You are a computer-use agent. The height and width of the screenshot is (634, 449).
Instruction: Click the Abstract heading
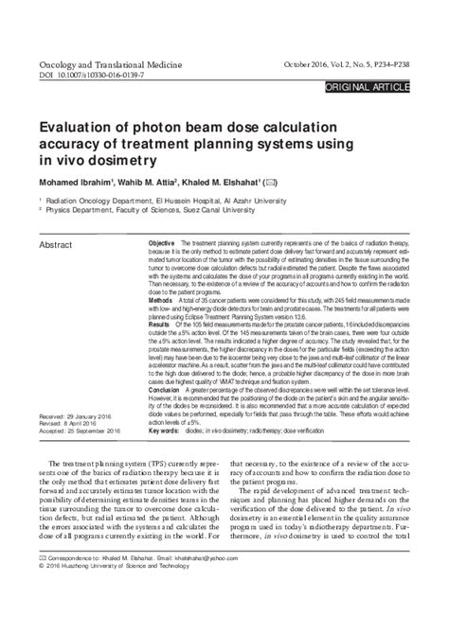tap(56, 245)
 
